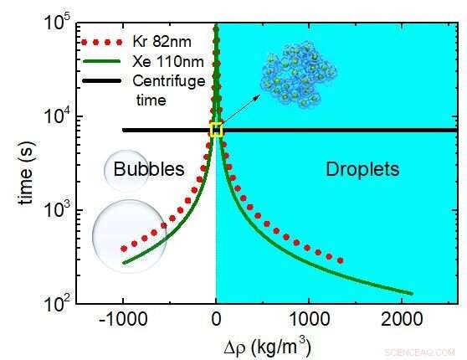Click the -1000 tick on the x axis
tap(123, 320)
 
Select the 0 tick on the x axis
tap(216, 320)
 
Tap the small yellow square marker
tap(216, 130)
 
